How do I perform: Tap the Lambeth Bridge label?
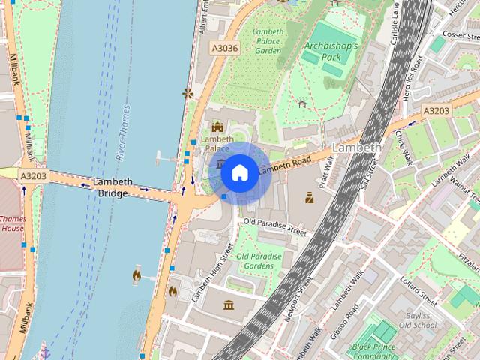click(x=113, y=187)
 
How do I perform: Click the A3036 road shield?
click(x=223, y=48)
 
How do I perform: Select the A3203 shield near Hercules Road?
click(x=435, y=110)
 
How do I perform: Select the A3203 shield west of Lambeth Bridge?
click(x=34, y=176)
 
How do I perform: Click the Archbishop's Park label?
click(x=331, y=52)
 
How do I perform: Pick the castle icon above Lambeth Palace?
click(x=217, y=127)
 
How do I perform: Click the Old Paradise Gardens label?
click(x=259, y=261)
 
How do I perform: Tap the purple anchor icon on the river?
click(x=45, y=351)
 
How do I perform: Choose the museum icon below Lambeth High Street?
click(x=229, y=304)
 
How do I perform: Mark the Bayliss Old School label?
click(x=417, y=320)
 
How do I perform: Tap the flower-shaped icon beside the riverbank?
click(x=187, y=93)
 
